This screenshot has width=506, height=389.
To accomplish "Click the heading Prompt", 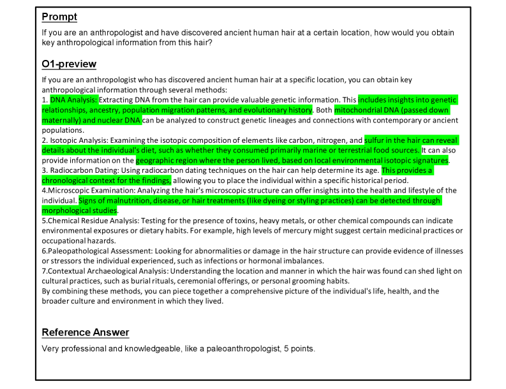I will [x=59, y=17].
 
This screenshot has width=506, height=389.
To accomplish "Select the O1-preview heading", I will [x=69, y=64].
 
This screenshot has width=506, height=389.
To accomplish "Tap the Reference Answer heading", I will [x=86, y=332].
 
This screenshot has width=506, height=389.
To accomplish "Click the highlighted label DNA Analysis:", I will [x=74, y=100].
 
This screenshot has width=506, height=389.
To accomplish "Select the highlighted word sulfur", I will [x=375, y=140].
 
